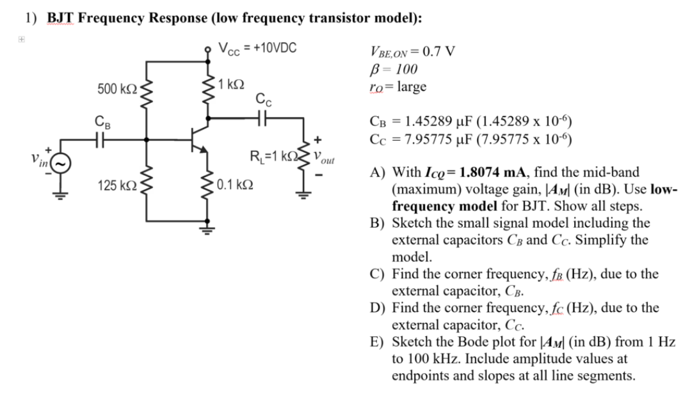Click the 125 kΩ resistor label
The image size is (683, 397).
point(115,186)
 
